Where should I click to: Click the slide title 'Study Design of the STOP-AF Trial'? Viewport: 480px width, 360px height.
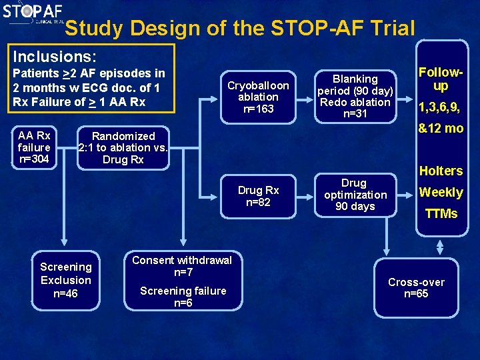[240, 28]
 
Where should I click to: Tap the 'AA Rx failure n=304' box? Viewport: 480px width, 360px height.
[34, 147]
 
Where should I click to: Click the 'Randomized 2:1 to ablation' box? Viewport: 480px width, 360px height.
[123, 147]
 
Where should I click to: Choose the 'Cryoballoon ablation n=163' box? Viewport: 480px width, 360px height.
[258, 97]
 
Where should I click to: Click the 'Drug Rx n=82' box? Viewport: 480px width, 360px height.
[258, 196]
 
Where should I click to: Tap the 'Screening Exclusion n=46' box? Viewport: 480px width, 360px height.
[65, 280]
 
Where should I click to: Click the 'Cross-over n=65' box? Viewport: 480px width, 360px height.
[416, 288]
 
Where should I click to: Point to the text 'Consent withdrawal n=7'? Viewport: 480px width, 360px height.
[182, 266]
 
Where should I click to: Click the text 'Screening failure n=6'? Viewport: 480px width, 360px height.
[183, 297]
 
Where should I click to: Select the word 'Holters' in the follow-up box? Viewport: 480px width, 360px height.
[441, 171]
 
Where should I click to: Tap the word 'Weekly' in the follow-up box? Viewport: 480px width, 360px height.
[440, 193]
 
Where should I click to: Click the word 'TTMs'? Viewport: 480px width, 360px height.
[441, 214]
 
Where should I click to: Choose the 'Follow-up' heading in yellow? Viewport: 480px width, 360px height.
[440, 79]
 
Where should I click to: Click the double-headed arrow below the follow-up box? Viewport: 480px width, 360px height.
[440, 247]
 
